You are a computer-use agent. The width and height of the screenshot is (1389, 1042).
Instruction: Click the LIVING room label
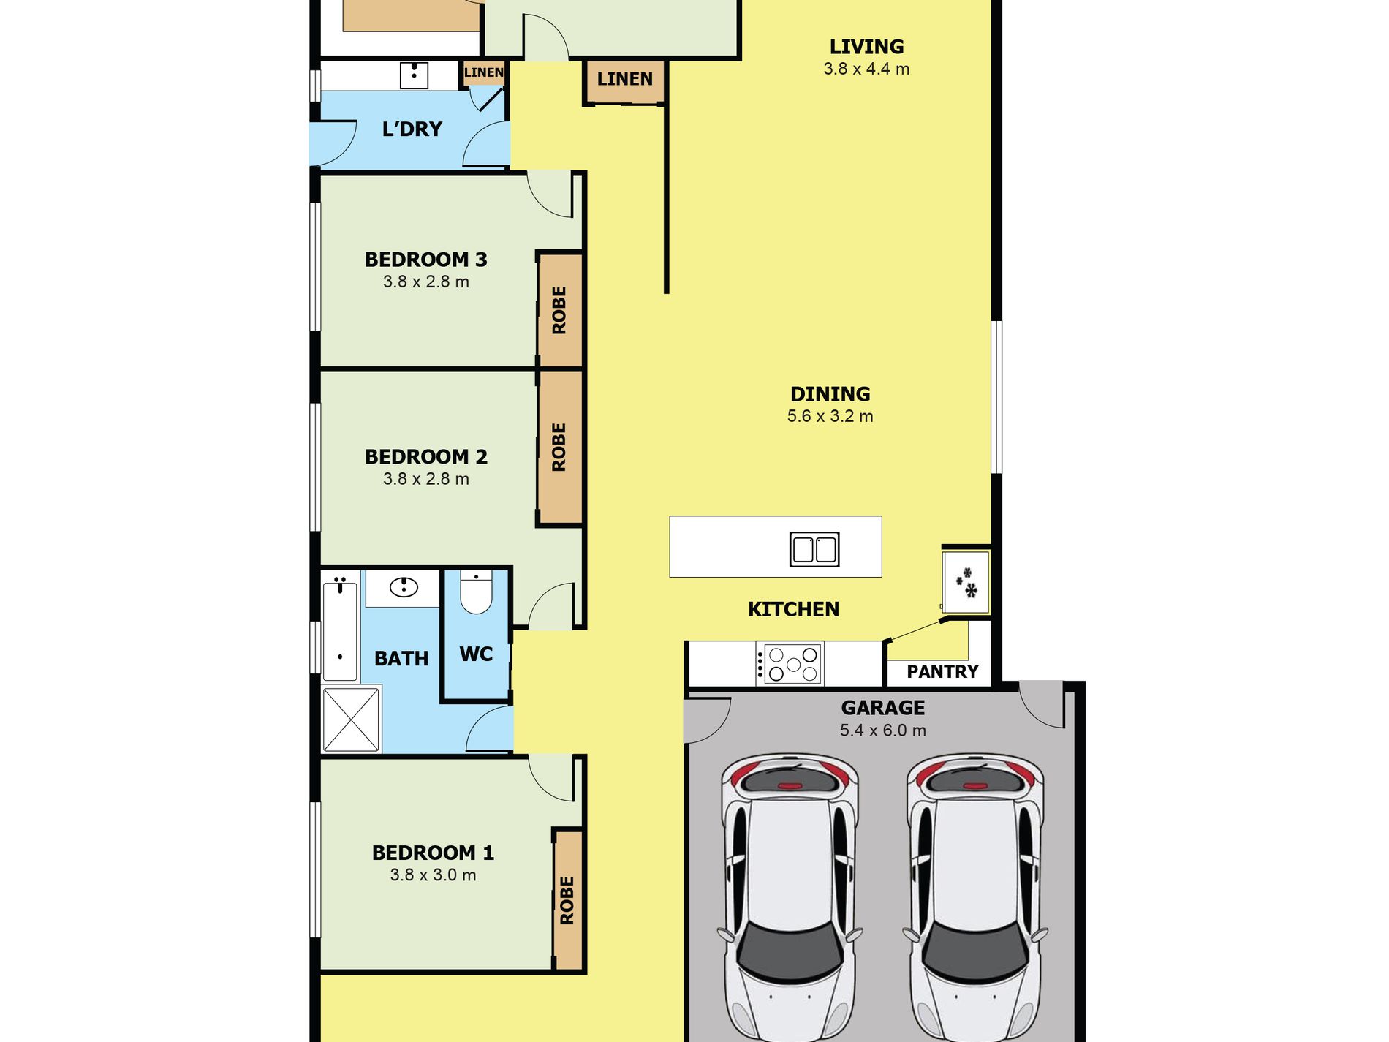[866, 47]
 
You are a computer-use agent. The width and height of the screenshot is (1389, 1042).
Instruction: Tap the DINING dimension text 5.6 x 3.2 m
[830, 416]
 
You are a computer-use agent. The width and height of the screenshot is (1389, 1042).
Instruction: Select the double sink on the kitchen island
[814, 549]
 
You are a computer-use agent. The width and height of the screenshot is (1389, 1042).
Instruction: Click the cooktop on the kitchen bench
[790, 664]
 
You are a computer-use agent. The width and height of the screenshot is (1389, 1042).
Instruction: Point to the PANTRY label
[942, 671]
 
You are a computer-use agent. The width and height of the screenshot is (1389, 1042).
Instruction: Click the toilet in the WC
[476, 592]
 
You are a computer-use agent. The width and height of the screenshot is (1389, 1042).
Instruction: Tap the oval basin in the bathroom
[404, 586]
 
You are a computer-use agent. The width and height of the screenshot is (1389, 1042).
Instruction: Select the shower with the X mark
[352, 719]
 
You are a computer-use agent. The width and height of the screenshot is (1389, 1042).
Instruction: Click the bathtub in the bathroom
[340, 630]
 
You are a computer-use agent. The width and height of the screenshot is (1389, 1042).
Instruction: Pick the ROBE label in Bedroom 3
[559, 310]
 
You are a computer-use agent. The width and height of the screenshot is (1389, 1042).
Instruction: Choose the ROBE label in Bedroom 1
[567, 900]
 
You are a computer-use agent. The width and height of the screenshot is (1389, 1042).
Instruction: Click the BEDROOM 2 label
[426, 457]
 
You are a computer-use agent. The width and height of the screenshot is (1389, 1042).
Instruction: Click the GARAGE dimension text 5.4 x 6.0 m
[883, 730]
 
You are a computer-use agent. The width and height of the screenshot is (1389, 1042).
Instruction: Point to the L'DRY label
[412, 129]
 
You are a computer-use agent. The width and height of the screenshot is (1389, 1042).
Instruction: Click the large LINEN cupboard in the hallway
[625, 80]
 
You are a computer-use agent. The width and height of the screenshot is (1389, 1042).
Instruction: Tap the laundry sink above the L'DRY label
[414, 75]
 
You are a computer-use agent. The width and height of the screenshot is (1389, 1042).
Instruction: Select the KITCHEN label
[793, 609]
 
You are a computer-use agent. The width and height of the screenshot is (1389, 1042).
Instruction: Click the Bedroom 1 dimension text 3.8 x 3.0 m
[433, 875]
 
